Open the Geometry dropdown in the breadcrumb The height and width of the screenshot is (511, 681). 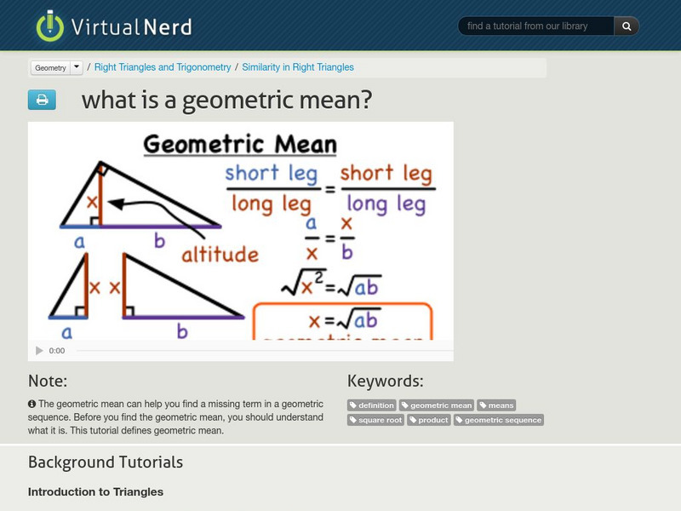tap(57, 67)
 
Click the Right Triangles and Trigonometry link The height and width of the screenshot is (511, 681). tap(163, 67)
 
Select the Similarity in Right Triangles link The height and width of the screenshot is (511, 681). tap(298, 67)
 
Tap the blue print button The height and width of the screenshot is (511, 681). tap(42, 100)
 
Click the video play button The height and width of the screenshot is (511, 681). tap(39, 351)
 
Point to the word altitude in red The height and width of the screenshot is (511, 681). tap(219, 254)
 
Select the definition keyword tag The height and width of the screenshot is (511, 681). tap(372, 405)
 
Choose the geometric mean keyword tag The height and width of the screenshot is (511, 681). tap(437, 405)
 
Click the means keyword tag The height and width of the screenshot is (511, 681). tap(496, 405)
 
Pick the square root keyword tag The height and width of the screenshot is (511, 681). tap(376, 420)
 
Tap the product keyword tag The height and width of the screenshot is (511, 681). tap(429, 420)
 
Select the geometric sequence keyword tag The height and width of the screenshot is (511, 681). tap(498, 420)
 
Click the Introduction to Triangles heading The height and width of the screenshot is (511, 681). tap(95, 491)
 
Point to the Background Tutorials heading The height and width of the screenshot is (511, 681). tap(106, 462)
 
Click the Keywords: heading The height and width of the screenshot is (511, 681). tap(385, 381)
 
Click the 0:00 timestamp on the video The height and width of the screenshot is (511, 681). tap(57, 351)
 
